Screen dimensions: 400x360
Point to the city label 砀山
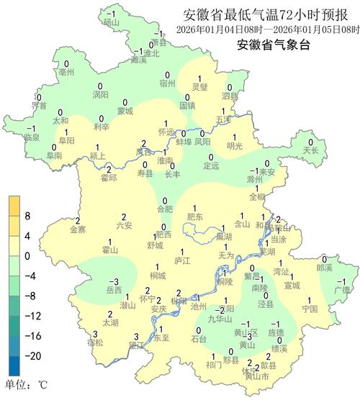(110, 22)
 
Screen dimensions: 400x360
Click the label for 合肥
(165, 209)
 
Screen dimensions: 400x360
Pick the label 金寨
(77, 229)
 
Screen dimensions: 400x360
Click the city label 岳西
(114, 290)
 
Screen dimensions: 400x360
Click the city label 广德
(341, 289)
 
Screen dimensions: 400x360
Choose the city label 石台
(199, 338)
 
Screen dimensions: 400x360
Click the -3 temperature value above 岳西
(113, 281)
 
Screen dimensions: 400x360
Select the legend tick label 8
(28, 215)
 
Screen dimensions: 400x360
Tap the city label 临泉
(31, 137)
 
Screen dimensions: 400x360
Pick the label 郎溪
(325, 268)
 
